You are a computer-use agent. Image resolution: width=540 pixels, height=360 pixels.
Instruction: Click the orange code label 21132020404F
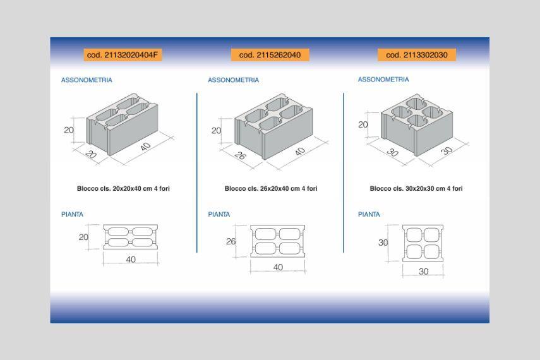point(123,55)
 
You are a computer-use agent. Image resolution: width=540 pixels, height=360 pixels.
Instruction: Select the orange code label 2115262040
point(270,55)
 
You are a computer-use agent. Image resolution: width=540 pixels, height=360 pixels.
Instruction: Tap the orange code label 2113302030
point(417,55)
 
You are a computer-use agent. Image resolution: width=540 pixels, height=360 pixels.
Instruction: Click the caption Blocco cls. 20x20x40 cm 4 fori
point(123,188)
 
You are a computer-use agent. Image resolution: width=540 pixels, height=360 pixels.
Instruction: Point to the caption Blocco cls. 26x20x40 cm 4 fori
point(271,188)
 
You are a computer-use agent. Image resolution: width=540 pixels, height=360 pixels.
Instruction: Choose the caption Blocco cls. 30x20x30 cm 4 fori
point(416,188)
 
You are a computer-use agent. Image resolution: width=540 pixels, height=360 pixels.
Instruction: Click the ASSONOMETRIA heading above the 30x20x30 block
point(383,80)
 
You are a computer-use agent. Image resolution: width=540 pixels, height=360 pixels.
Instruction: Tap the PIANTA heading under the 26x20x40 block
point(219,214)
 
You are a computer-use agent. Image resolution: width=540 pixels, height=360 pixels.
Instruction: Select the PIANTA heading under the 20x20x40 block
point(73,214)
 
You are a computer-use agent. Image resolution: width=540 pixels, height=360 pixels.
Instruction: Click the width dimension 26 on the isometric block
point(240,156)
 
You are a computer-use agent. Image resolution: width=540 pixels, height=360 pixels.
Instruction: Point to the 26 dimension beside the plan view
point(231,241)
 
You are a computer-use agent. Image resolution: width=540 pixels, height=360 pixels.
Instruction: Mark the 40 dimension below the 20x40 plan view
point(131,260)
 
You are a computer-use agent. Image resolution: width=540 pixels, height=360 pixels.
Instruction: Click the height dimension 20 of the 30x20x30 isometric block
point(363,124)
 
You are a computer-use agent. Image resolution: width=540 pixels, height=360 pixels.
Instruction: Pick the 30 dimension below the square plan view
point(424,272)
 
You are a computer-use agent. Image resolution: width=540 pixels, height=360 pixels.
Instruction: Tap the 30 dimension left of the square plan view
point(383,243)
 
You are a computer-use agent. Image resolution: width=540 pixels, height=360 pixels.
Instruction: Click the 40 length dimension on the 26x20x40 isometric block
point(300,151)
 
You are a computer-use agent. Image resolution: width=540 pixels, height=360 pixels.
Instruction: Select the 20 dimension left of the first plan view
point(83,237)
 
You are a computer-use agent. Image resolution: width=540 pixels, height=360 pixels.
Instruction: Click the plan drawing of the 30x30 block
point(423,244)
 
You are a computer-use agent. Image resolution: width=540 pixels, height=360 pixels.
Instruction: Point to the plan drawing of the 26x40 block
point(277,241)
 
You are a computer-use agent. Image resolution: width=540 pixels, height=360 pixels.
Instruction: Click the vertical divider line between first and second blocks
point(196,172)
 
